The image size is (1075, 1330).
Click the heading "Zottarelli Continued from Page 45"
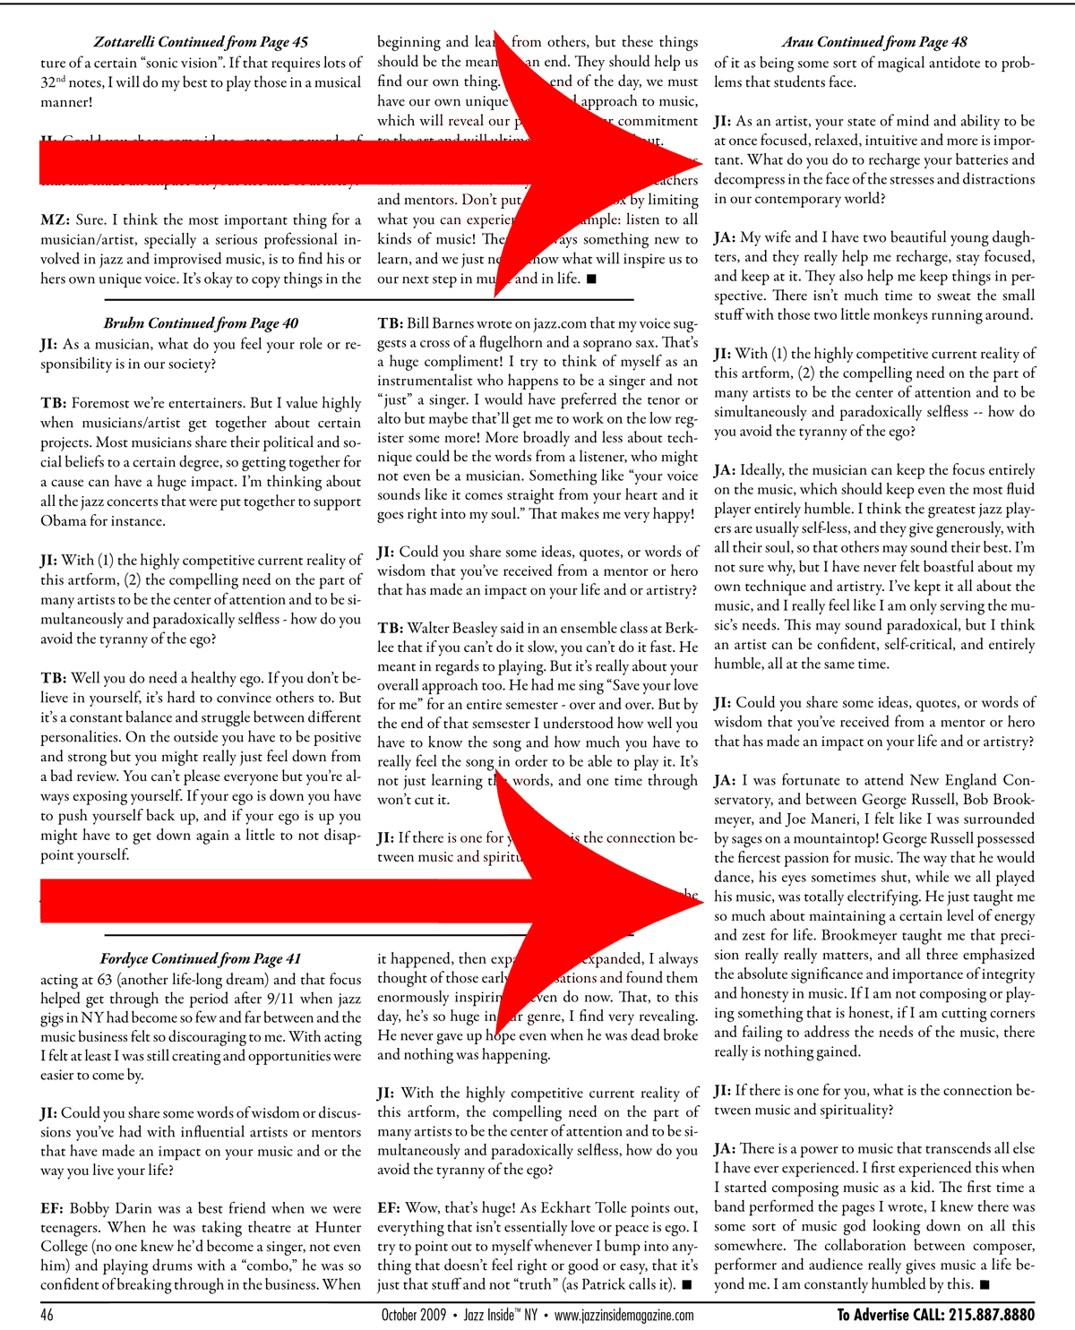(201, 42)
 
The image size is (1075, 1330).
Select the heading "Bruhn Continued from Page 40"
(201, 323)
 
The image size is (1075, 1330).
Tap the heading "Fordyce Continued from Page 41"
(201, 959)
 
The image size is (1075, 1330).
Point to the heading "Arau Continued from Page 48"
(873, 42)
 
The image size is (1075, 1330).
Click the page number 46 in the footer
(47, 1315)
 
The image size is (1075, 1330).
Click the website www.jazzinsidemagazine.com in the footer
(623, 1315)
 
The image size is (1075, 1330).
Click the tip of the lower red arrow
(697, 901)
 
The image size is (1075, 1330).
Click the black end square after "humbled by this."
(985, 1285)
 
